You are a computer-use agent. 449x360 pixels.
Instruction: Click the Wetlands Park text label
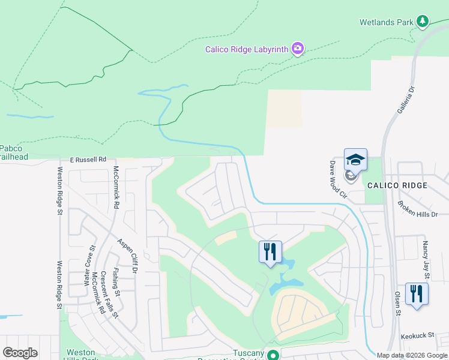(x=386, y=22)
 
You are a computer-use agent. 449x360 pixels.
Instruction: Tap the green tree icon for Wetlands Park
(x=423, y=22)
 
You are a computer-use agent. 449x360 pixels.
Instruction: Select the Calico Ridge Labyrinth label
(x=247, y=50)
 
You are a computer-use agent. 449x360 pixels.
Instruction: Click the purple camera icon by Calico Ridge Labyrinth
(x=297, y=48)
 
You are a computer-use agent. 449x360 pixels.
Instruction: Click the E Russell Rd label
(x=88, y=160)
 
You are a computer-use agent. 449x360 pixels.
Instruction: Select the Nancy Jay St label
(x=425, y=260)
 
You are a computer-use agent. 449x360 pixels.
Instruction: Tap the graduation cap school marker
(x=355, y=160)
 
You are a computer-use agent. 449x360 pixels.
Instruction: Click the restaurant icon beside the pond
(x=270, y=251)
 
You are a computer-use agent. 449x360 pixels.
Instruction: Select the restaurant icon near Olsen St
(x=416, y=293)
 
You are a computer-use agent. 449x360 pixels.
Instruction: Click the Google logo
(x=20, y=353)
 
